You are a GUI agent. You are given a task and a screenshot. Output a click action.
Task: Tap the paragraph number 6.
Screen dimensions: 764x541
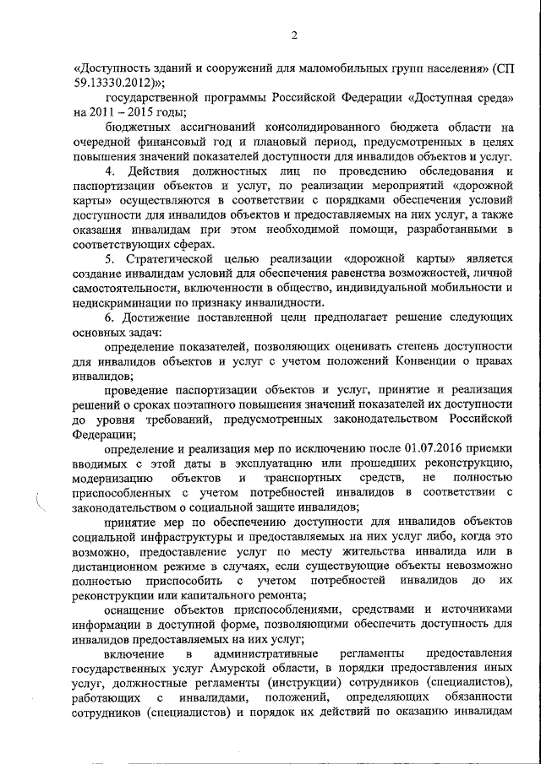click(x=108, y=317)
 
